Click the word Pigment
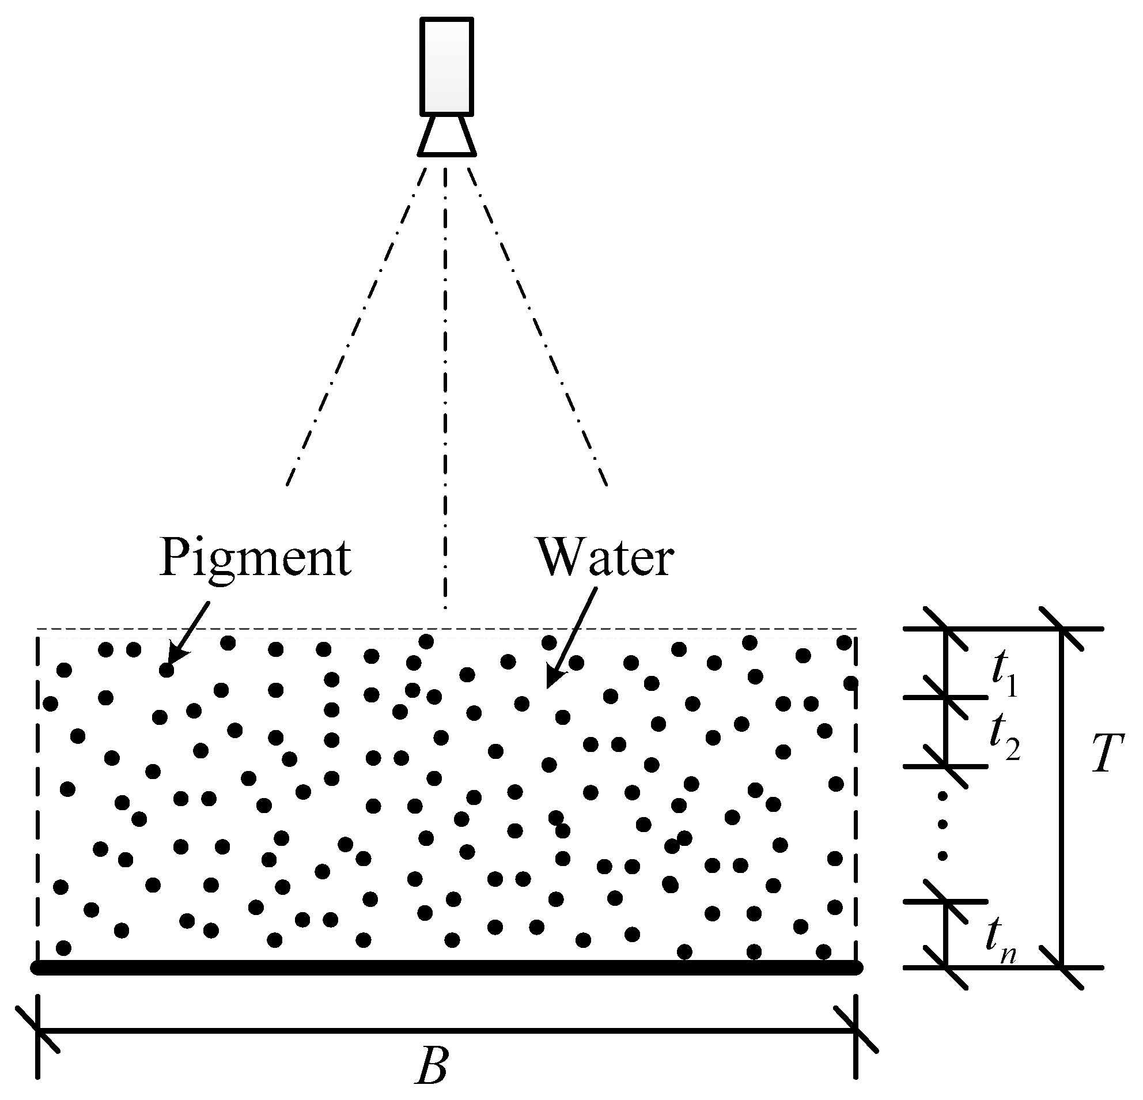255,558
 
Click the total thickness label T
1107,754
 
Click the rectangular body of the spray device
446,66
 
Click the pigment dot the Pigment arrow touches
167,670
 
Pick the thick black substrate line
446,967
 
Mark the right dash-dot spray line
536,327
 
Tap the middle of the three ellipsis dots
943,824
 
